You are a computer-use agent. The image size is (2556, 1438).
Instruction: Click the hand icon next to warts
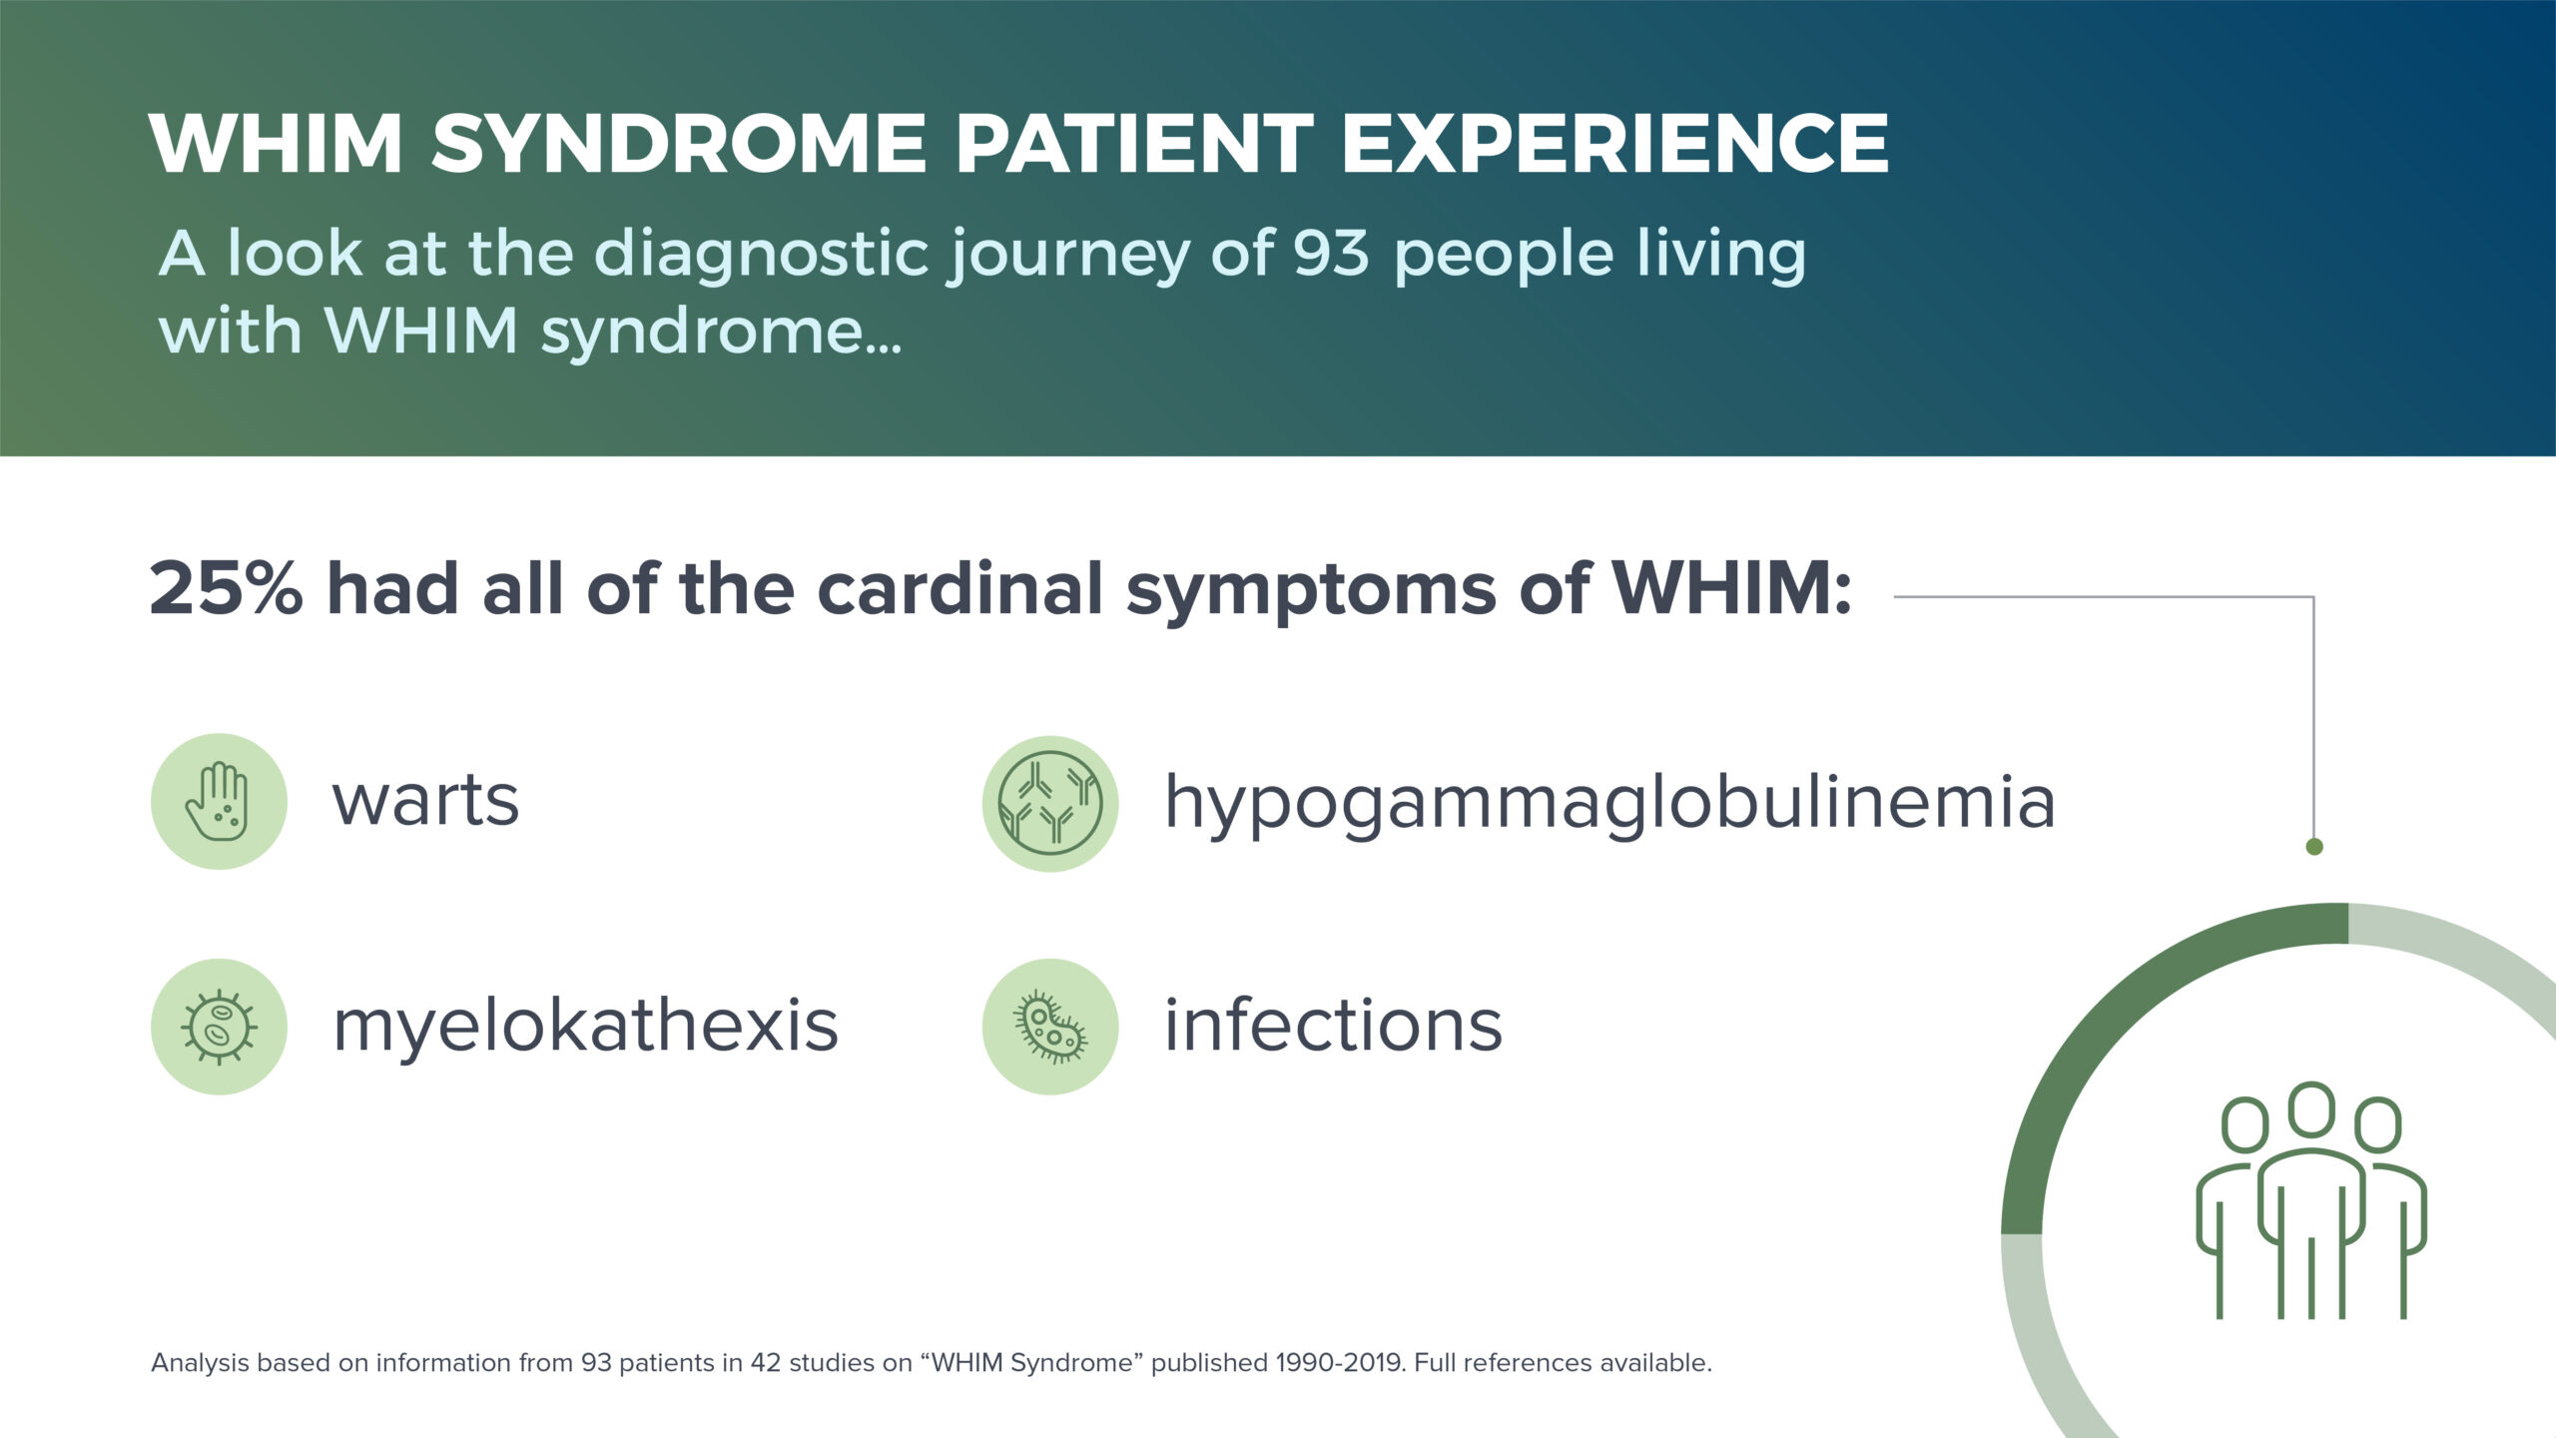[219, 801]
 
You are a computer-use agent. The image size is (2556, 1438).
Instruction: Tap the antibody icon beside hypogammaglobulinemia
[1050, 803]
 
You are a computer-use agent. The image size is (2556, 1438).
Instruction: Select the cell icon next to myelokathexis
[219, 1027]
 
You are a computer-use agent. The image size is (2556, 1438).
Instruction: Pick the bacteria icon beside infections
[1050, 1027]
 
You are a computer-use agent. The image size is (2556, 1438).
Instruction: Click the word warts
[425, 801]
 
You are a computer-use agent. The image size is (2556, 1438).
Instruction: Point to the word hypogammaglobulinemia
[1609, 805]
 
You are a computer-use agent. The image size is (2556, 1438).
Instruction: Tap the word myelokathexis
[585, 1028]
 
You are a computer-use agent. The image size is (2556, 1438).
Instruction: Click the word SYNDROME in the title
[678, 143]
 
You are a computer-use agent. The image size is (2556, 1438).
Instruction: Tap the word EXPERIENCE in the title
[1614, 143]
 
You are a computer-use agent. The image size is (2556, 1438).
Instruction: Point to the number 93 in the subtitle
[1330, 253]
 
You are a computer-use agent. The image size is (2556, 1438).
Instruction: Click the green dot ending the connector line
[2314, 847]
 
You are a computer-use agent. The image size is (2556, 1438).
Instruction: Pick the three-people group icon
[2311, 1200]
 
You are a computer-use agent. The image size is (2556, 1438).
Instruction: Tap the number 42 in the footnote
[766, 1363]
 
